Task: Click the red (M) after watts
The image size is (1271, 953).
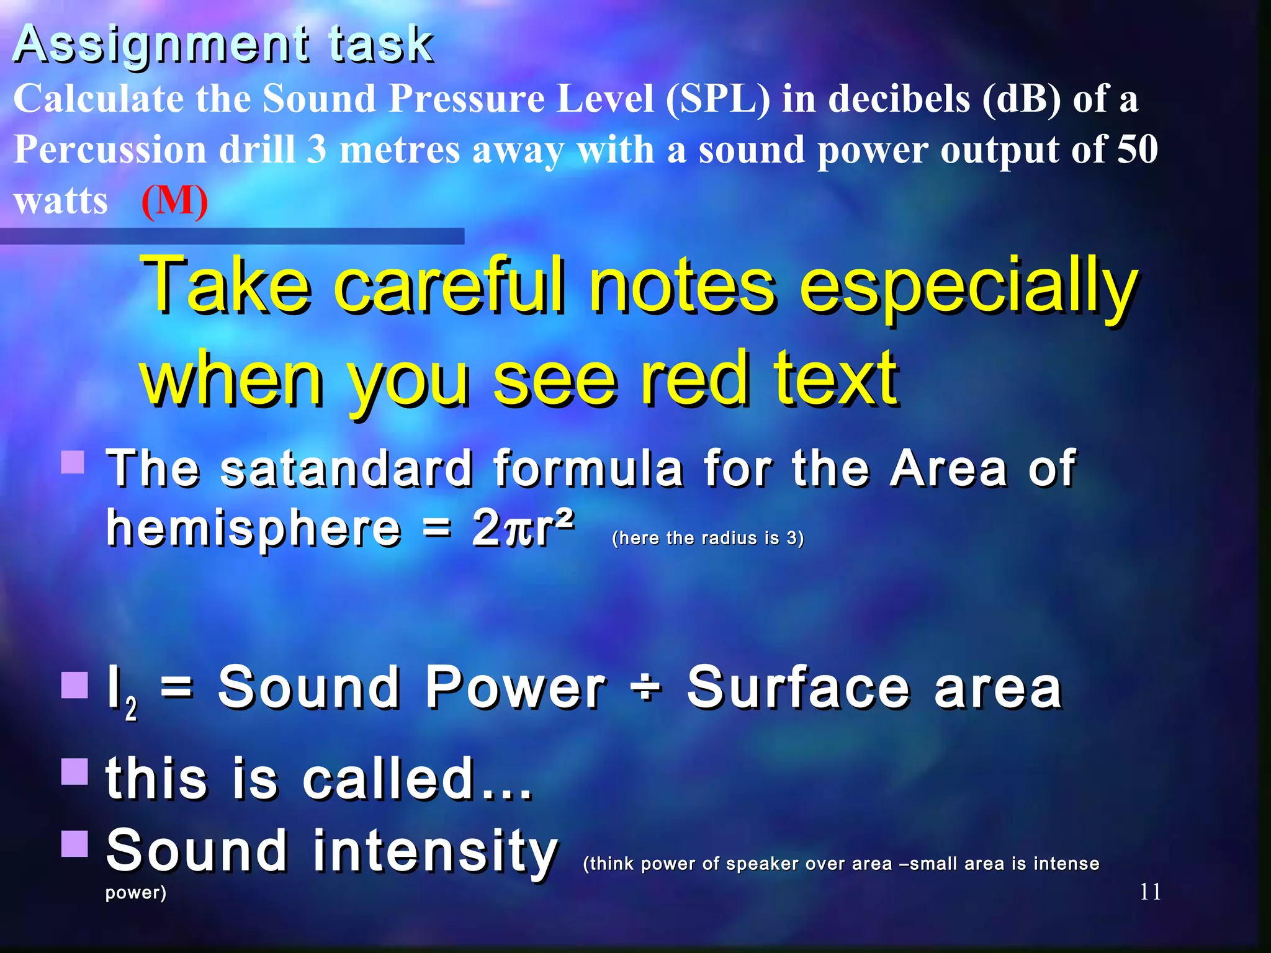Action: (x=174, y=201)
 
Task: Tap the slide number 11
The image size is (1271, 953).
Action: (x=1150, y=892)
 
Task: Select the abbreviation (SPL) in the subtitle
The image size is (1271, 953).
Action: (x=718, y=99)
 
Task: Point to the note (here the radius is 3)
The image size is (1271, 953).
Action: (x=708, y=538)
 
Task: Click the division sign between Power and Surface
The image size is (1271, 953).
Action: (x=646, y=687)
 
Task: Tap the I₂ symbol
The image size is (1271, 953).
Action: (x=122, y=692)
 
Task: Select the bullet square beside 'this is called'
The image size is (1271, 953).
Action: (x=74, y=771)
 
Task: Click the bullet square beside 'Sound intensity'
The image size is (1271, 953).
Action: (x=74, y=843)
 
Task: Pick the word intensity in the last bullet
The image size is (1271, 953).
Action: (x=435, y=851)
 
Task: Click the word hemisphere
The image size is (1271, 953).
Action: (x=253, y=529)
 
